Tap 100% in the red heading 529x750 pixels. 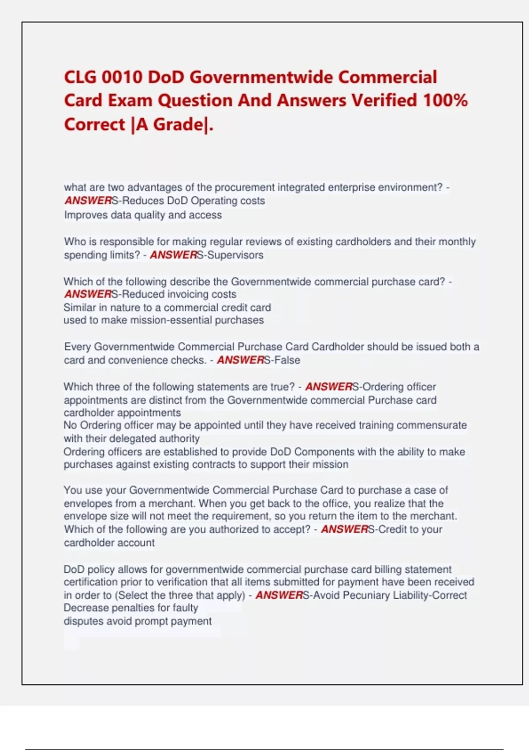pyautogui.click(x=445, y=101)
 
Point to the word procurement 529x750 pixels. pyautogui.click(x=245, y=187)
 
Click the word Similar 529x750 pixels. pyautogui.click(x=79, y=307)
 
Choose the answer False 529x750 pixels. pyautogui.click(x=287, y=360)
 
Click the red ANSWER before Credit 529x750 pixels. pyautogui.click(x=344, y=529)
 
